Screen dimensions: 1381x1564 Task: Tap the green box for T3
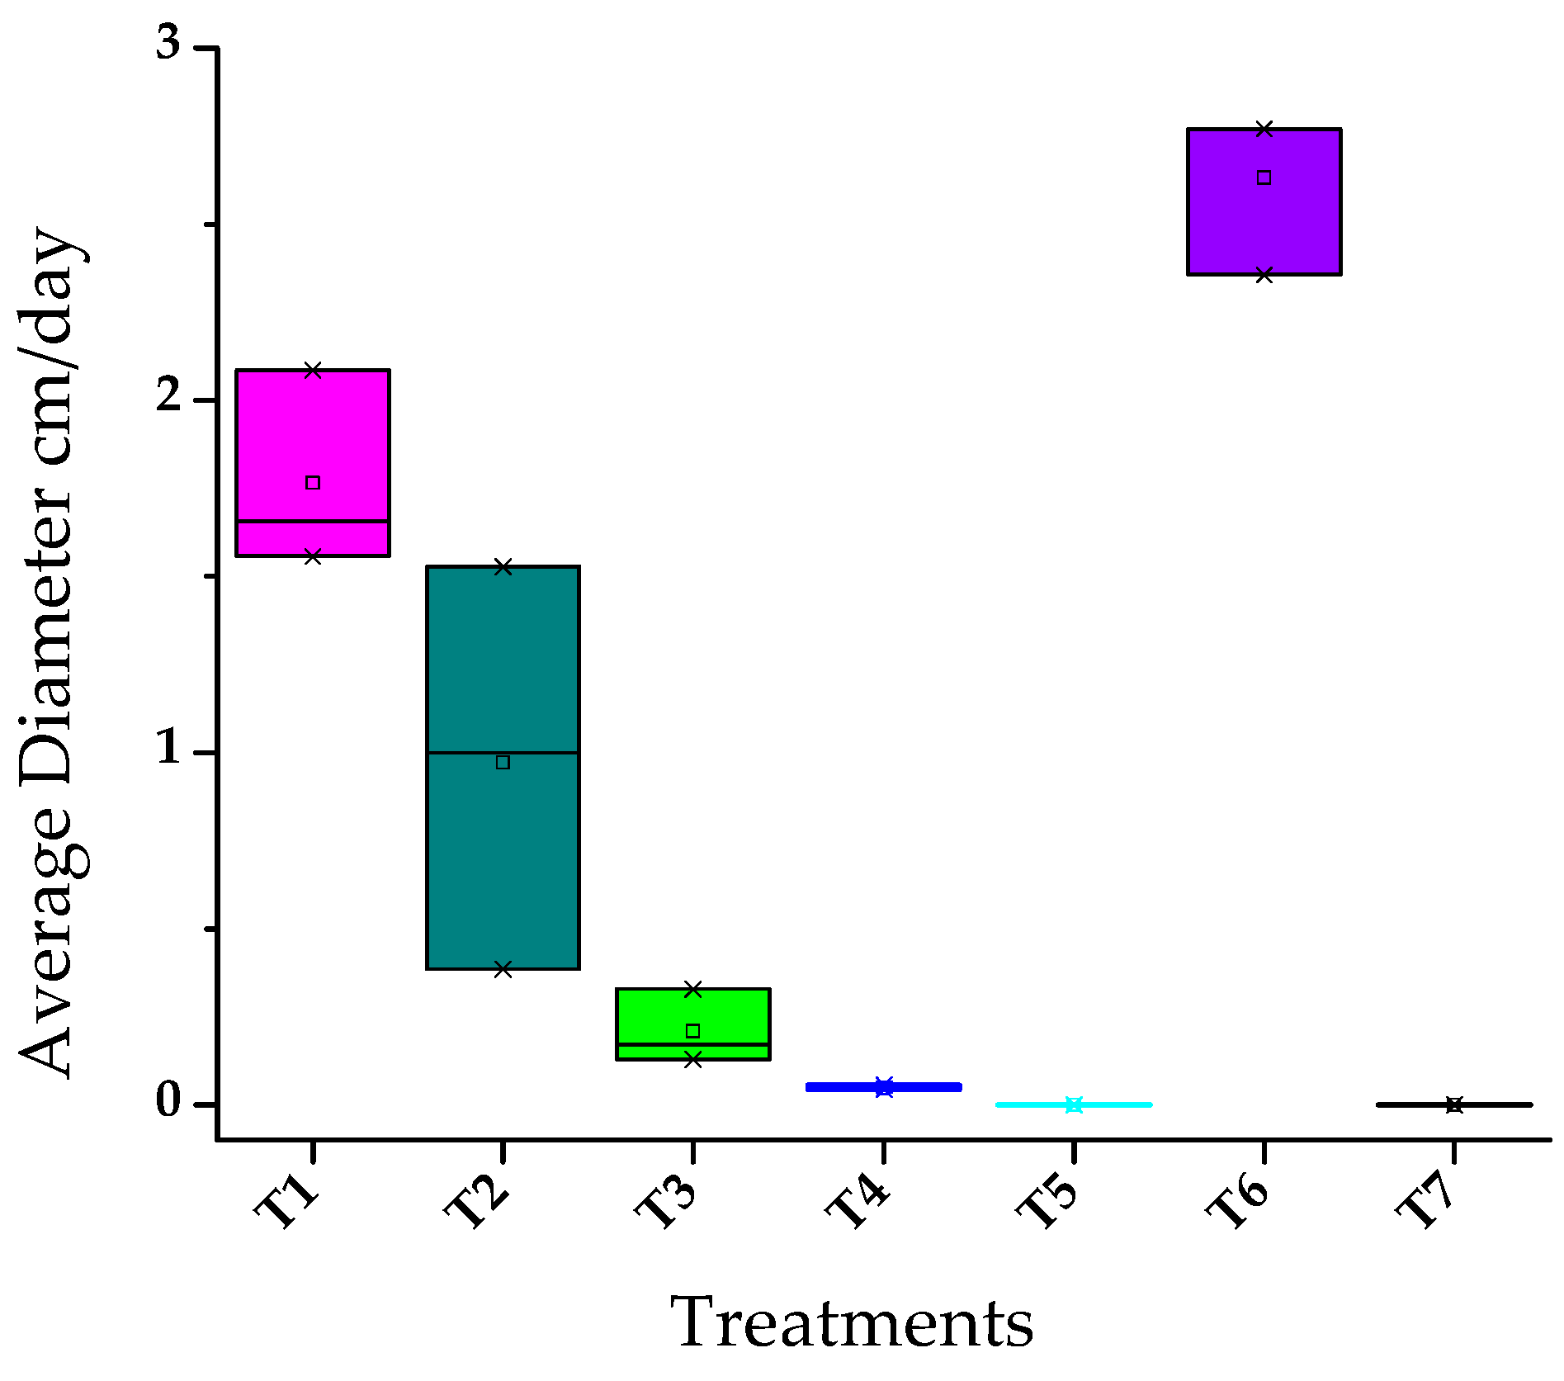[x=693, y=1011]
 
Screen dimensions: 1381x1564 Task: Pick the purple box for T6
[x=1264, y=223]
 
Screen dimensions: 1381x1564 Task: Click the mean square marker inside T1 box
[x=313, y=483]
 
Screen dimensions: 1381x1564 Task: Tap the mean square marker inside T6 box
[x=1264, y=177]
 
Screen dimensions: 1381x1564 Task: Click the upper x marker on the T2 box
[x=503, y=567]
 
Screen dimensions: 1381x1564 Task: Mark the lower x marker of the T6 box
[x=1264, y=275]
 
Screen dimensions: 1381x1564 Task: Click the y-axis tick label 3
[x=168, y=43]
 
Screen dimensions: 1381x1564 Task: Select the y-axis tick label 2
[x=168, y=396]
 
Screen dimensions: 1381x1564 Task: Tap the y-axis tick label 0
[x=168, y=1100]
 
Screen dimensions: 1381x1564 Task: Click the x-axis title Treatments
[x=852, y=1323]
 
